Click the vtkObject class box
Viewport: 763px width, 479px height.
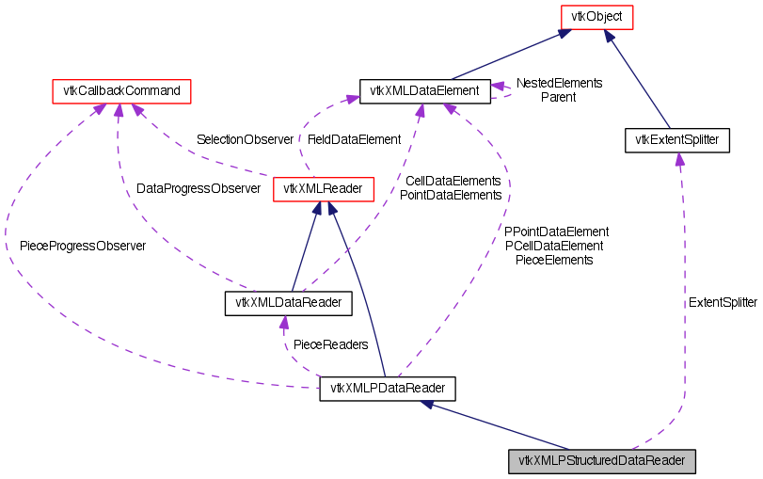pos(596,16)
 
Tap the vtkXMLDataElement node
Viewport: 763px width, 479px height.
pos(425,91)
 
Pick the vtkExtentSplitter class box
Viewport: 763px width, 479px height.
pos(676,140)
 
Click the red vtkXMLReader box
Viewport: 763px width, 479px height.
pos(324,189)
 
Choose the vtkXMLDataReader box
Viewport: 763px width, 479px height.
pos(288,303)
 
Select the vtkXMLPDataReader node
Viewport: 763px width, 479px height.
pos(388,389)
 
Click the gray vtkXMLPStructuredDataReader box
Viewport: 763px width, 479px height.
pos(602,462)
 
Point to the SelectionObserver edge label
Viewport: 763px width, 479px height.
pos(245,139)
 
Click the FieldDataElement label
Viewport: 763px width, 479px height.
pos(354,139)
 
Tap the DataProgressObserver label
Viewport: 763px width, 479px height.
pos(199,188)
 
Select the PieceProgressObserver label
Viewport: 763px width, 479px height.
pos(83,246)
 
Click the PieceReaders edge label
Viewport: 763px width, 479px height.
pos(330,344)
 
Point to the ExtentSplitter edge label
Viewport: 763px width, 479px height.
pos(723,303)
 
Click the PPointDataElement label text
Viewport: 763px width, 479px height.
pos(556,232)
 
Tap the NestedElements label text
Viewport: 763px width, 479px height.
pos(559,83)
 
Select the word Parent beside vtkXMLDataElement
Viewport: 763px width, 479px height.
pos(558,96)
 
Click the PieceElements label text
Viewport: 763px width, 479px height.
pos(554,260)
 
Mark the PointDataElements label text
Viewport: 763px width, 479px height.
pos(451,195)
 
